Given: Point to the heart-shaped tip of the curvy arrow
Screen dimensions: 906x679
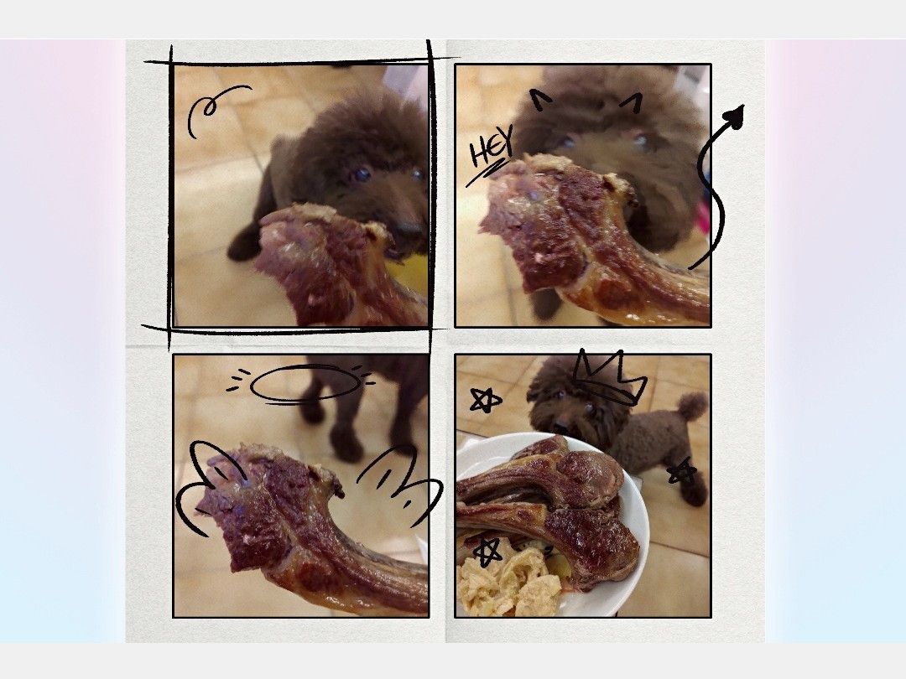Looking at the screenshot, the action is point(735,115).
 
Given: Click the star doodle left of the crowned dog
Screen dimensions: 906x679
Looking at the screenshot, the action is point(485,400).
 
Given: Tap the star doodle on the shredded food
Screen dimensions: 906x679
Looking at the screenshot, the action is point(488,552).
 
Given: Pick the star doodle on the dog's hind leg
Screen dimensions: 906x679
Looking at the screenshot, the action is point(682,471).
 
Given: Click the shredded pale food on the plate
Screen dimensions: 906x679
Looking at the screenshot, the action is point(508,580).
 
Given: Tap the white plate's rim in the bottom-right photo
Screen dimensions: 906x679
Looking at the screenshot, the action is point(642,508).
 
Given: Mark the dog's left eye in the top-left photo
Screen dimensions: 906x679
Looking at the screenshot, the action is point(363,174).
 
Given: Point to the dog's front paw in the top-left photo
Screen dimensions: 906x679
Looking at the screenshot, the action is point(242,246).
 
